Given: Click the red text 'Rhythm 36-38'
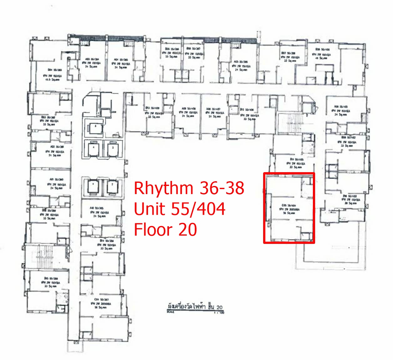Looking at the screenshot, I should [x=189, y=188].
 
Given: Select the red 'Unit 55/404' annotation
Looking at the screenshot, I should [x=180, y=209].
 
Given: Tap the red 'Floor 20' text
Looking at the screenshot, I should [x=165, y=229].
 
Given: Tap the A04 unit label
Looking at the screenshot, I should [x=120, y=63].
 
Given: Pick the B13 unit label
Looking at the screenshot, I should [x=154, y=112].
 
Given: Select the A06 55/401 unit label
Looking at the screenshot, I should [x=341, y=111].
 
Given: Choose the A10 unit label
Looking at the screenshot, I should [x=99, y=212].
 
